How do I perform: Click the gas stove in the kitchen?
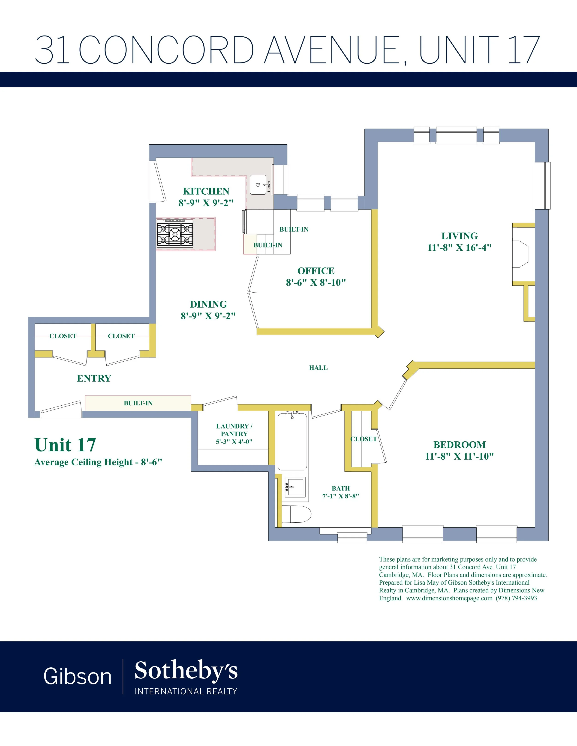[x=175, y=234]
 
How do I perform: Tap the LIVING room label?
[x=460, y=236]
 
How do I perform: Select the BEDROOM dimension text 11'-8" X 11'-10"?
[x=460, y=456]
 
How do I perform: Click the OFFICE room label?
[x=316, y=271]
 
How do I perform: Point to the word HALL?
[x=318, y=368]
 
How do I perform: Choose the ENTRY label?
[x=94, y=378]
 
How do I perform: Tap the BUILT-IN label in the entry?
[x=138, y=403]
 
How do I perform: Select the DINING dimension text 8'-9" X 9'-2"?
[x=208, y=316]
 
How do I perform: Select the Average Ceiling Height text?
[x=98, y=462]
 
